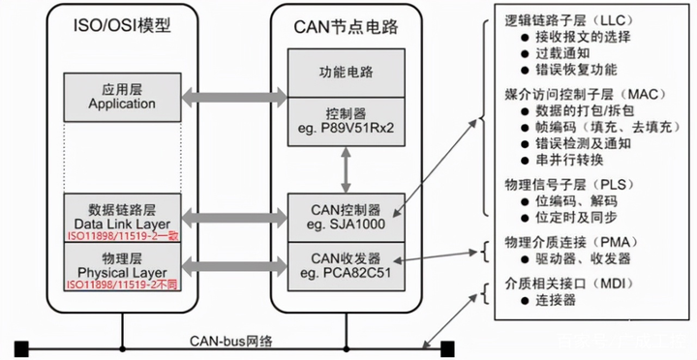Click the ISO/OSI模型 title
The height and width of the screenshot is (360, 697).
click(x=121, y=25)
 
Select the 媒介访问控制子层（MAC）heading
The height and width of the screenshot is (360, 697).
click(x=575, y=94)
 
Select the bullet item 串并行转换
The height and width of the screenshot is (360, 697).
click(x=562, y=162)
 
